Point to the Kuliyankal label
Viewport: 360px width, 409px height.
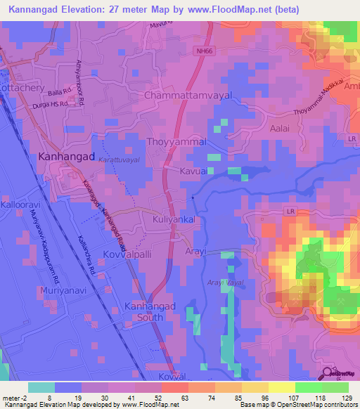(x=178, y=220)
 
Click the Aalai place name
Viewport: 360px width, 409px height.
(x=280, y=129)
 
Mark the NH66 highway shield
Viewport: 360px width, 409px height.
(x=204, y=50)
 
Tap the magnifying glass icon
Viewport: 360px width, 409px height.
(x=328, y=374)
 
